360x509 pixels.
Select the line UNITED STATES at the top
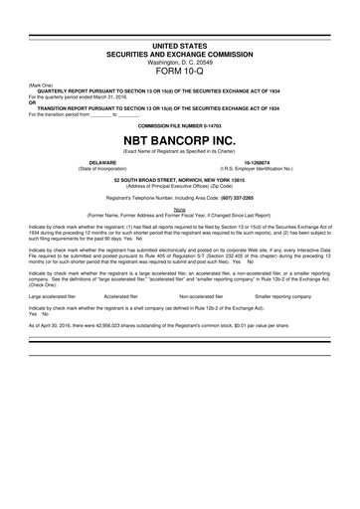pyautogui.click(x=180, y=46)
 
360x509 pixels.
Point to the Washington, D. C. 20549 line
pyautogui.click(x=180, y=62)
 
